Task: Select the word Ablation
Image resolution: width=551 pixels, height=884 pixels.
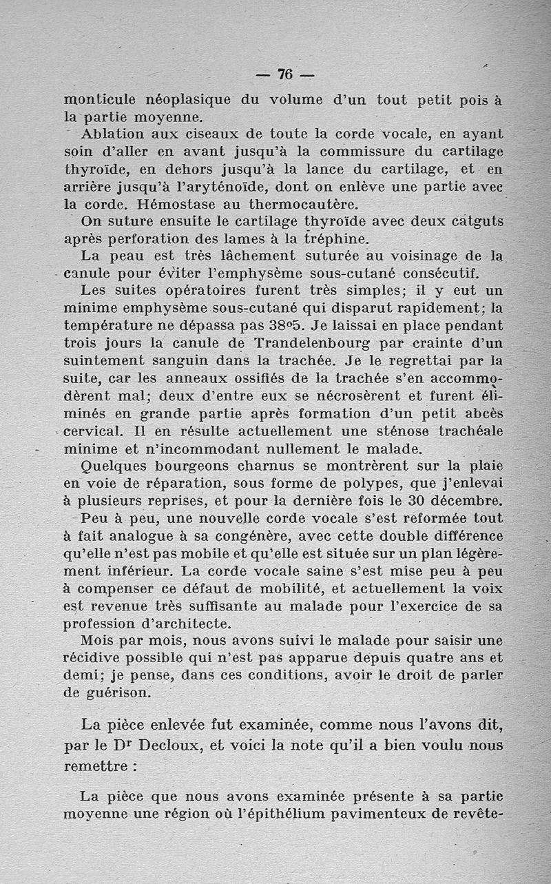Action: click(111, 134)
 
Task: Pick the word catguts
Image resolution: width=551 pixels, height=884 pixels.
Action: click(473, 222)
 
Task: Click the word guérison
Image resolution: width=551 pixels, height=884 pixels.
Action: click(106, 692)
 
